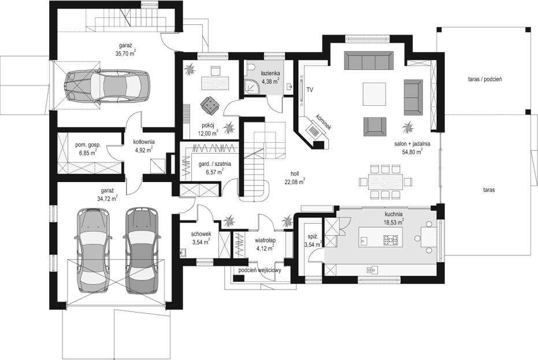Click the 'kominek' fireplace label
tap(324, 121)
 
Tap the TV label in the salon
tap(310, 90)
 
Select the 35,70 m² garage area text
tap(125, 53)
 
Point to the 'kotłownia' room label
tap(144, 142)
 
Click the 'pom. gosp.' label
tap(88, 146)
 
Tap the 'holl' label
tap(295, 174)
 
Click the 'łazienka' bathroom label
tap(270, 73)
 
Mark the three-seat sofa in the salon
tap(369, 60)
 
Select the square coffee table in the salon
tap(375, 94)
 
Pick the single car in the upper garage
tap(107, 86)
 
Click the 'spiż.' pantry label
tap(313, 237)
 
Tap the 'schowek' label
tap(201, 234)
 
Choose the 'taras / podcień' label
tap(485, 79)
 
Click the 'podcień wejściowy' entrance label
tap(259, 270)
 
